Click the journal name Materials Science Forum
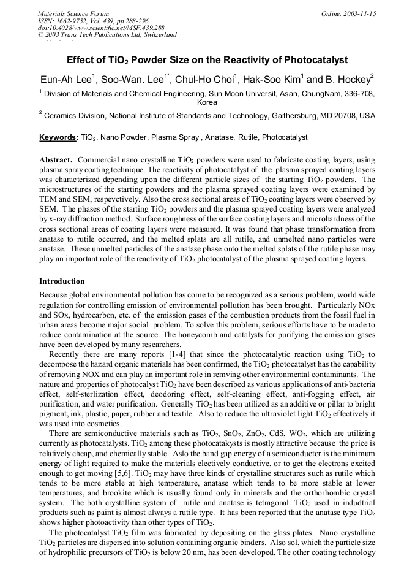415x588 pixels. [x=73, y=13]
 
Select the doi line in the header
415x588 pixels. [x=101, y=28]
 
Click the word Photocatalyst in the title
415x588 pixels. [x=313, y=60]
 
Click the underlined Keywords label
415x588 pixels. [x=58, y=137]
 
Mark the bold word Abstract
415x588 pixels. [x=56, y=159]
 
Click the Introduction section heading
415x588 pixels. [x=62, y=281]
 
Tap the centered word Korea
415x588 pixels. [x=207, y=102]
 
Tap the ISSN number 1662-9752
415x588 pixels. [x=73, y=21]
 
